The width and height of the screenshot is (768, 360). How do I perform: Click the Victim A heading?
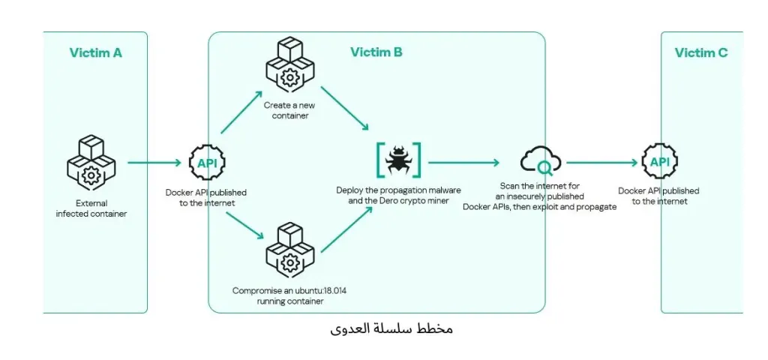(x=95, y=52)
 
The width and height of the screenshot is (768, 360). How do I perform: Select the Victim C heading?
(x=700, y=52)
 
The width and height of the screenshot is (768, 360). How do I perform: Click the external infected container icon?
(x=91, y=161)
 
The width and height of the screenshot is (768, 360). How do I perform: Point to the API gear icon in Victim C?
(x=659, y=162)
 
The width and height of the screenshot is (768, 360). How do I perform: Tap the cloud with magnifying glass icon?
(x=539, y=161)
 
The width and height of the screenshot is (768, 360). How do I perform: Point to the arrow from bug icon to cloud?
(x=463, y=162)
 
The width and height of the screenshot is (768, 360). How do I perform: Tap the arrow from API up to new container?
(x=242, y=112)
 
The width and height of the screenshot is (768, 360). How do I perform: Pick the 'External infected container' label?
(x=91, y=208)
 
